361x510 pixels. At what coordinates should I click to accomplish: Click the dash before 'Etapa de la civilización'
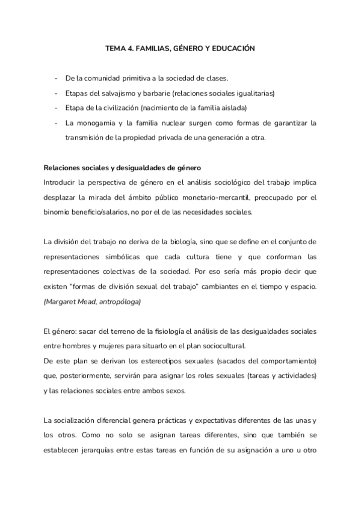[56, 108]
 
